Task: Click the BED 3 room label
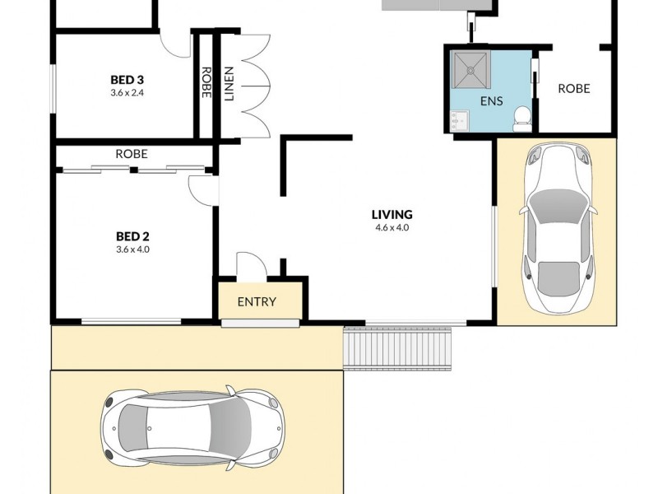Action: [127, 80]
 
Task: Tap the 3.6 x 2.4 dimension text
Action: [127, 92]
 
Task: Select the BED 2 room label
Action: [133, 236]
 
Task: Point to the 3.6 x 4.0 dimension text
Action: [133, 249]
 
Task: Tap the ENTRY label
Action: [257, 301]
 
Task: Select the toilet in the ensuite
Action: [521, 119]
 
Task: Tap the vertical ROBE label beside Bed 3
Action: [206, 82]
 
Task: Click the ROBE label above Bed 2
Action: [132, 154]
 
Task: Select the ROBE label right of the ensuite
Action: [573, 88]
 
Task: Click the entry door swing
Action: [248, 265]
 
